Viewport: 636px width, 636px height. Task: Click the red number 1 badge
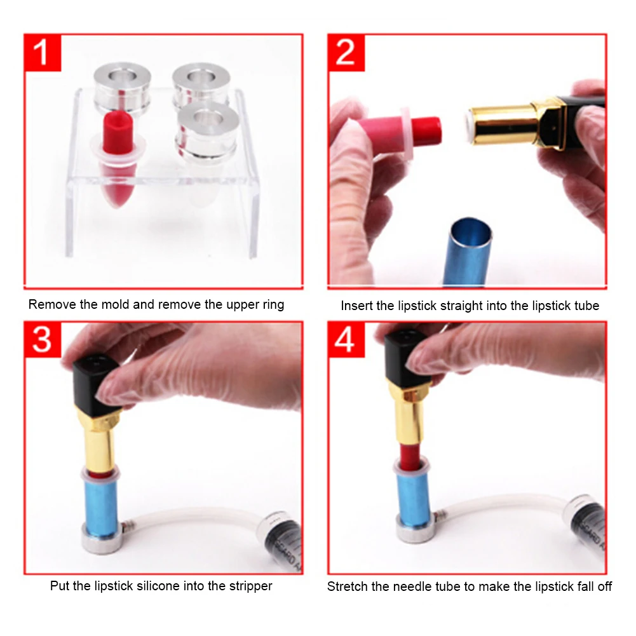click(43, 53)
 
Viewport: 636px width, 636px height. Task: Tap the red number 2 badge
click(346, 53)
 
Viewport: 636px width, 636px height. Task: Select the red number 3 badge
click(43, 340)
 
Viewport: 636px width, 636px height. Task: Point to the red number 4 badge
click(346, 340)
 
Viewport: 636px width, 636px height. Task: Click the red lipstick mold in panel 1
click(117, 158)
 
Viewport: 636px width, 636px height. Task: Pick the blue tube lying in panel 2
click(467, 252)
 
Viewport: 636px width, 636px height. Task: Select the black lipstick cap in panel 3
click(96, 384)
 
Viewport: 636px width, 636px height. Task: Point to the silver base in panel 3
click(102, 541)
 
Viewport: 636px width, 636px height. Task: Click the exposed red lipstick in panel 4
click(410, 456)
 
